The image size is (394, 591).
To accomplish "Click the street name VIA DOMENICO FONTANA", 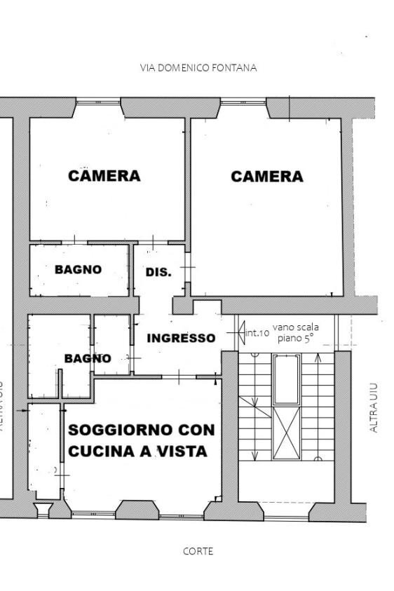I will (x=198, y=68).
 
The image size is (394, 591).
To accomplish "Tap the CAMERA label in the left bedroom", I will (x=104, y=175).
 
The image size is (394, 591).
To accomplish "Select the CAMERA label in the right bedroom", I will (x=267, y=176).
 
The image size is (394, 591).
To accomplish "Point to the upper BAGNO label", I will (x=78, y=269).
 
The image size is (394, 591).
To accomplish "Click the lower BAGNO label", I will (x=88, y=358).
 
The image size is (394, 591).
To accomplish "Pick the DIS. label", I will (x=158, y=272).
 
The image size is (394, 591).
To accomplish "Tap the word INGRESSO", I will (x=181, y=338).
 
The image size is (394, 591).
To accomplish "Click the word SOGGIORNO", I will (x=121, y=429).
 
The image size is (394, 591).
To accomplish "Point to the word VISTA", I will (x=182, y=451).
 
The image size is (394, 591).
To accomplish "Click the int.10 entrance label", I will (x=257, y=332).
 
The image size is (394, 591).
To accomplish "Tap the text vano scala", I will (x=296, y=327).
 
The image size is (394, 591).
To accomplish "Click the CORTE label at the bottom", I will (x=198, y=551).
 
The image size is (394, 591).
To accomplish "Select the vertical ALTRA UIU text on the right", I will (x=373, y=407).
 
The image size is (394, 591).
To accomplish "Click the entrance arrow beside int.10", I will (x=240, y=330).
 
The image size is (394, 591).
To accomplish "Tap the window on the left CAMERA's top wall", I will (x=98, y=102).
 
